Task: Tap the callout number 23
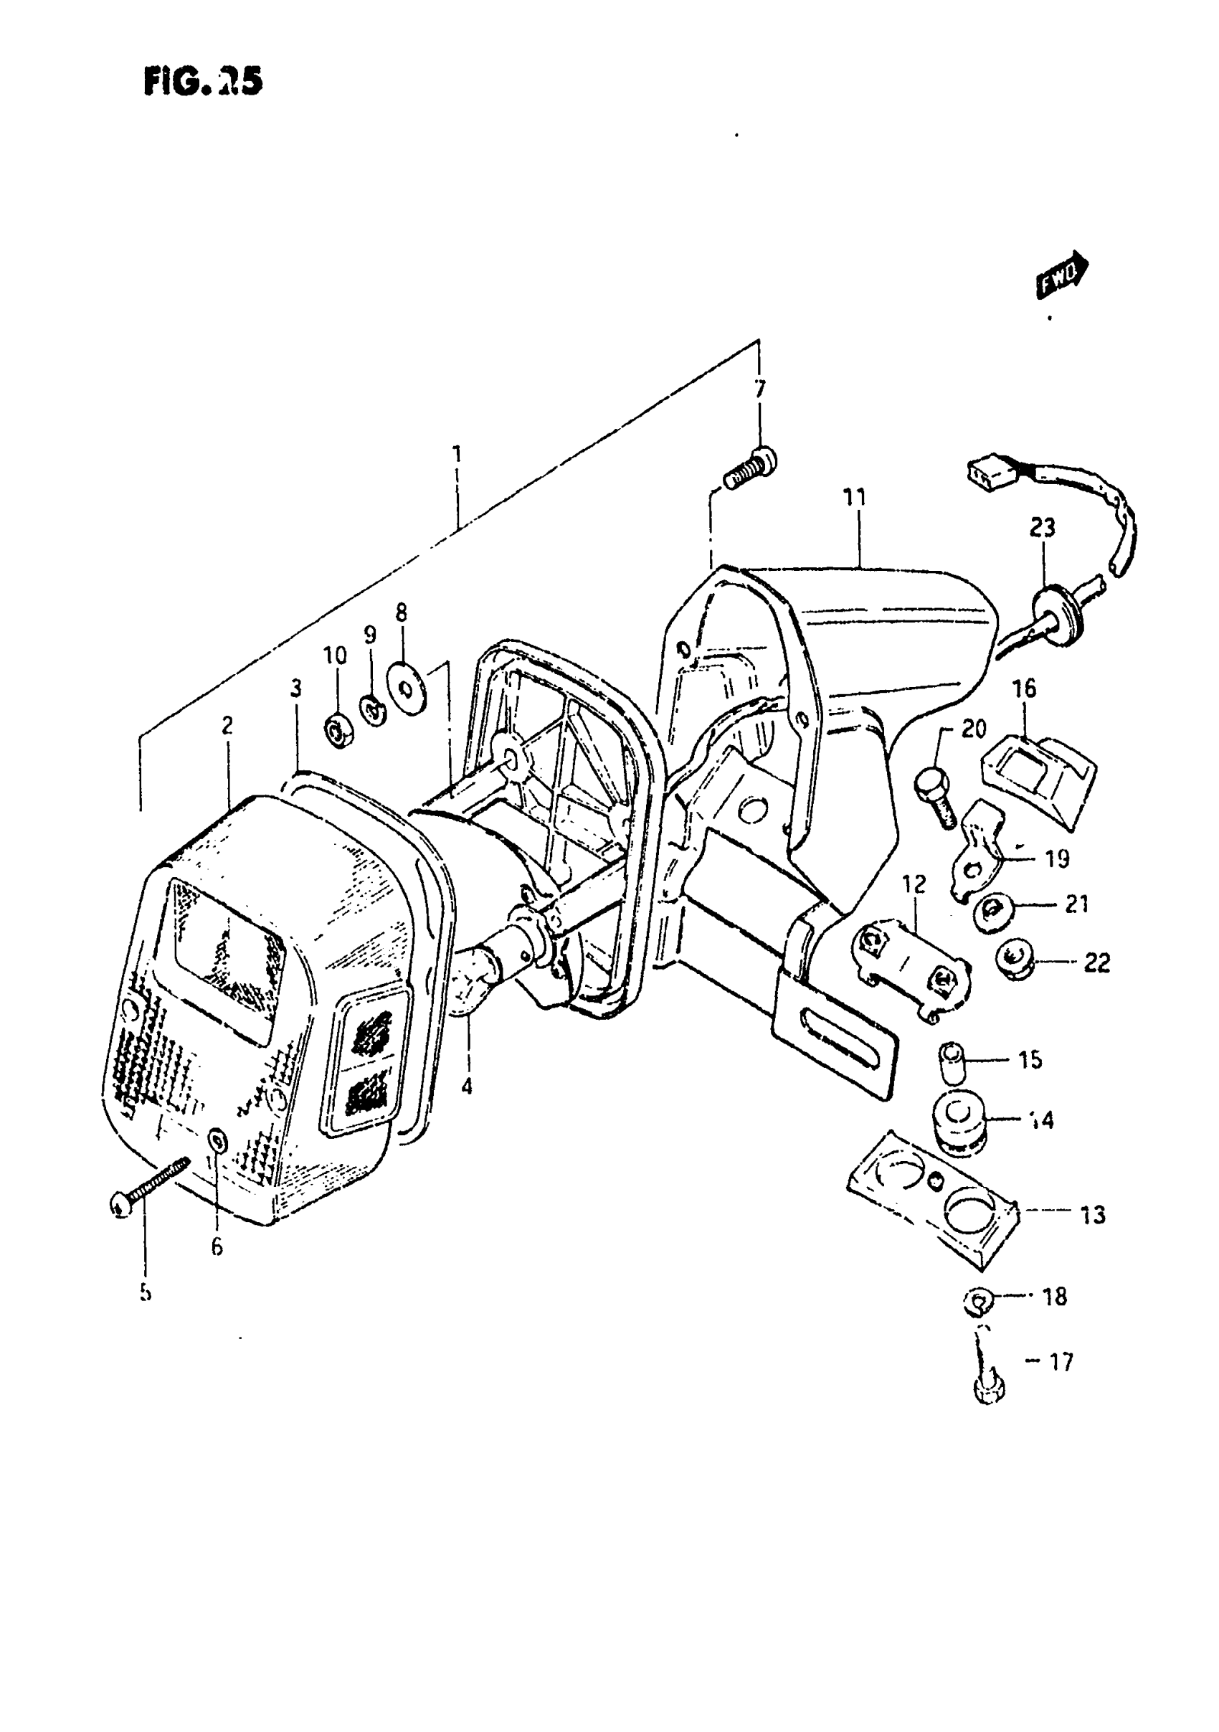pyautogui.click(x=1042, y=528)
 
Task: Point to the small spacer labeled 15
pyautogui.click(x=953, y=1061)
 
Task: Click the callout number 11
pyautogui.click(x=855, y=498)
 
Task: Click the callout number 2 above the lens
pyautogui.click(x=227, y=725)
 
